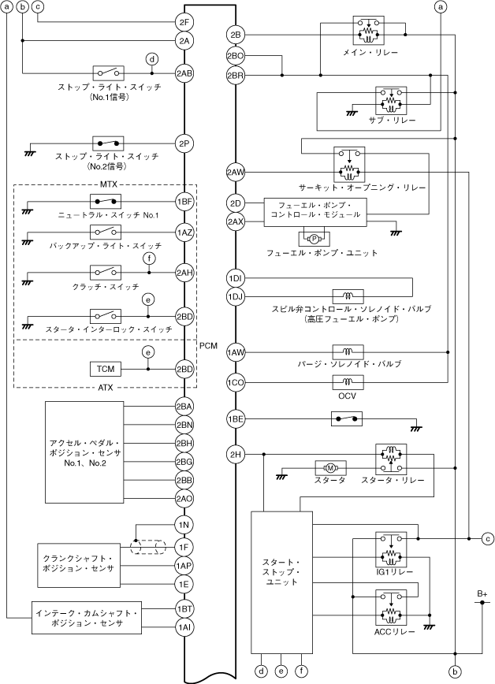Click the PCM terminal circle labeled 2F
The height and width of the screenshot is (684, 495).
[184, 22]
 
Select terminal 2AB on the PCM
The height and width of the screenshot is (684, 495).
[184, 73]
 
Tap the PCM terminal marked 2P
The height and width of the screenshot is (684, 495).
[184, 143]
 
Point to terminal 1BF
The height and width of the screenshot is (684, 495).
[184, 202]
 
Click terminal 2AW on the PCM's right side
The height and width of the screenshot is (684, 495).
[236, 173]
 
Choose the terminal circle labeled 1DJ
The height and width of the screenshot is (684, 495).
[236, 296]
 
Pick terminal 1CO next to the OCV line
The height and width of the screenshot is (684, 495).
[236, 383]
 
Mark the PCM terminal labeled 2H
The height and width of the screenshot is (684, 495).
[236, 455]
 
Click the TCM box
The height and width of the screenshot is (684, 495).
[106, 369]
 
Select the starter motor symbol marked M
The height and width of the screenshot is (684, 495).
[330, 468]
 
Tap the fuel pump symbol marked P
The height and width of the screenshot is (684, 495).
[314, 238]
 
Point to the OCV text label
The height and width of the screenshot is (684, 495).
[347, 396]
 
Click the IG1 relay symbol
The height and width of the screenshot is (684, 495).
[391, 550]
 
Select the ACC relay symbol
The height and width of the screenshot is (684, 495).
[391, 608]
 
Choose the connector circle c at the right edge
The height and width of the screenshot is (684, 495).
[488, 539]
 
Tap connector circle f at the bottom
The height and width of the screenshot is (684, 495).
[302, 671]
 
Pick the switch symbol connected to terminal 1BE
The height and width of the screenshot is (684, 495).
[347, 419]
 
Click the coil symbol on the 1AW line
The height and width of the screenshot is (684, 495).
[348, 351]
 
